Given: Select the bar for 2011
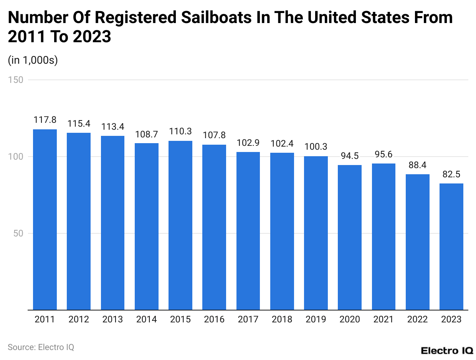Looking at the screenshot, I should [45, 220].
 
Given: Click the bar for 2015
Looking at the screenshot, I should [180, 225].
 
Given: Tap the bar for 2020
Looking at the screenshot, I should [350, 237].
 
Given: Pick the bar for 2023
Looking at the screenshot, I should [451, 246].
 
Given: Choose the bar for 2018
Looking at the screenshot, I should [282, 231].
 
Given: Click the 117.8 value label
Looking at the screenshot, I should [45, 120].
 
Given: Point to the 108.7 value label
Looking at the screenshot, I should [147, 134].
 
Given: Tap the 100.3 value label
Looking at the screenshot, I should [316, 147].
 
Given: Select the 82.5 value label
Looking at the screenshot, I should [451, 174].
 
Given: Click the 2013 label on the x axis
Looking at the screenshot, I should [112, 319].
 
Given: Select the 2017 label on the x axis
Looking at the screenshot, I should [248, 319].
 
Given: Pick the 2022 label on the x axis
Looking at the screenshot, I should [417, 319].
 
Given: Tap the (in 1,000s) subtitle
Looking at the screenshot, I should [33, 60].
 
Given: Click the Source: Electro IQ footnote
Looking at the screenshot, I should [41, 347].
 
